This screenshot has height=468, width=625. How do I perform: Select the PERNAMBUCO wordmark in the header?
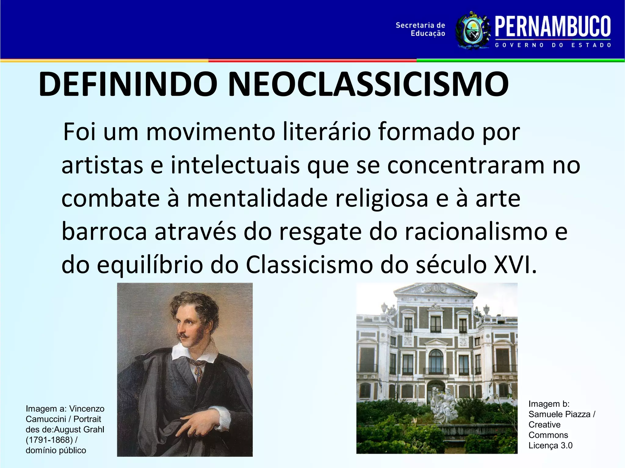(x=553, y=27)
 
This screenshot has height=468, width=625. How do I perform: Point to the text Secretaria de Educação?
(x=421, y=29)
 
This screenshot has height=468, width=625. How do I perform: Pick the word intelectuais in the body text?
(x=235, y=165)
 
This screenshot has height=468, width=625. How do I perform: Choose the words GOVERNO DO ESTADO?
(x=553, y=45)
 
